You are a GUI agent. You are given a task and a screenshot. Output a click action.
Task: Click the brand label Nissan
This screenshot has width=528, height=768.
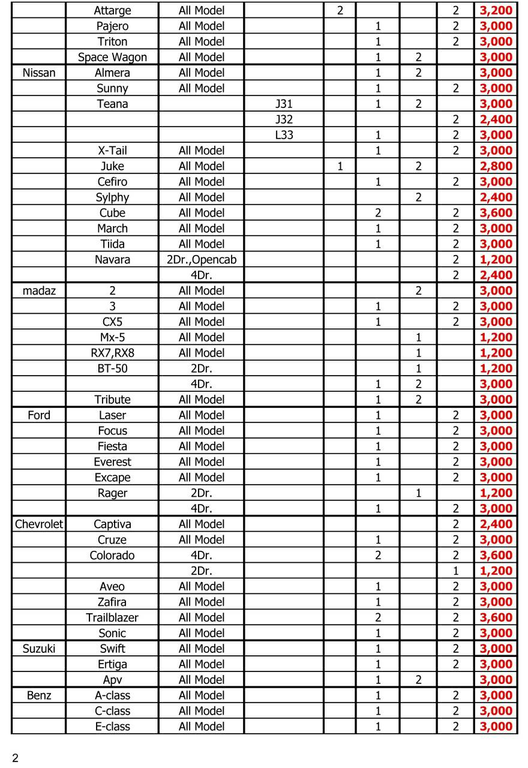click(x=39, y=73)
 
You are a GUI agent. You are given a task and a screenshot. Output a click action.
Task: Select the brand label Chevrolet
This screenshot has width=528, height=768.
click(x=39, y=524)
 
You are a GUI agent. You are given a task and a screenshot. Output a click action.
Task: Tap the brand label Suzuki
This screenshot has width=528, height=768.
click(x=39, y=649)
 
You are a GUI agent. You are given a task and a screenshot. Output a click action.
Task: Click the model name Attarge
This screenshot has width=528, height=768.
click(x=112, y=11)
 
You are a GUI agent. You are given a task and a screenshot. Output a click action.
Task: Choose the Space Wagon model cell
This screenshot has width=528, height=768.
click(x=112, y=58)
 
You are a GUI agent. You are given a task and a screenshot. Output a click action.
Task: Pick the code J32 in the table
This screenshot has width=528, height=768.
click(x=284, y=120)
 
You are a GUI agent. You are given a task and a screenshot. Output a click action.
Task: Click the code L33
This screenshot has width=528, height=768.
click(x=284, y=136)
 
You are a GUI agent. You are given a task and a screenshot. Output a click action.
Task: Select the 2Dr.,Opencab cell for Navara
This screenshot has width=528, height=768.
click(x=202, y=260)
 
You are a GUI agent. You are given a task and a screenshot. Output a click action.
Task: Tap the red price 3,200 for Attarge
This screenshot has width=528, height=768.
click(x=496, y=11)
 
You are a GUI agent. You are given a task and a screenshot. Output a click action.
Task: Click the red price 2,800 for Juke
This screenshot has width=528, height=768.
click(x=496, y=166)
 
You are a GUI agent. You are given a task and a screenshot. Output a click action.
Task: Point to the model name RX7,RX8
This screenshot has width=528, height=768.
click(x=112, y=353)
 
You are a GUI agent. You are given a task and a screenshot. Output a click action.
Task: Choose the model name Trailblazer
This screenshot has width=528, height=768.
click(x=112, y=618)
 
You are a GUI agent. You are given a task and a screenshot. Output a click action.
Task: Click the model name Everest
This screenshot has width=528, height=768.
click(x=112, y=462)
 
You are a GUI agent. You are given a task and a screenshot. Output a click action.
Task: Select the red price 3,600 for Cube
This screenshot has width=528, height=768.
click(x=496, y=213)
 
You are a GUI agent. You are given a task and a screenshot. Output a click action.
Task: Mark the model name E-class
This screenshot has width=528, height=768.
click(x=112, y=727)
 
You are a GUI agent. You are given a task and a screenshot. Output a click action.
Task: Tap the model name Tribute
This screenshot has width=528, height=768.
click(x=112, y=400)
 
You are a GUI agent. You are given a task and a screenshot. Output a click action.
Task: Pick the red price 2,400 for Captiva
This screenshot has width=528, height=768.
click(x=496, y=524)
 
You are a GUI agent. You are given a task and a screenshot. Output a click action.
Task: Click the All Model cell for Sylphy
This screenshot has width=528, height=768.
click(x=202, y=197)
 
